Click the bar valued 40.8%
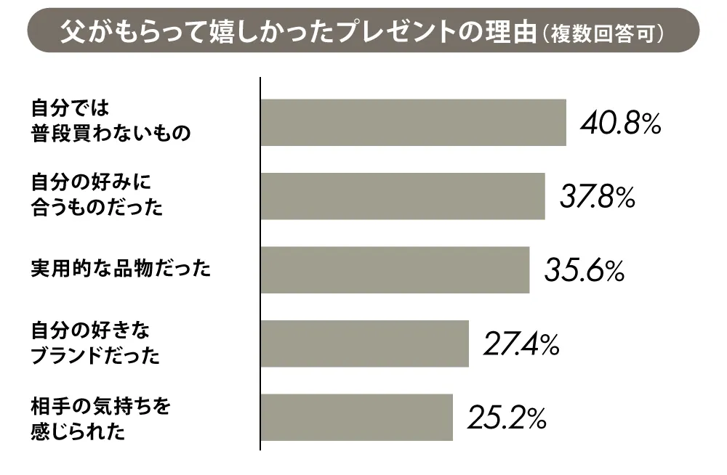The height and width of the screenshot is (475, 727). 413,122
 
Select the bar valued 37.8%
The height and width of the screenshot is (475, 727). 403,196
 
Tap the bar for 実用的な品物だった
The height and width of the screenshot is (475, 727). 395,269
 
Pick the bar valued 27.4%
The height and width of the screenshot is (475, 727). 365,344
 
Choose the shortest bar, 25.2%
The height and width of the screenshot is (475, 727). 357,417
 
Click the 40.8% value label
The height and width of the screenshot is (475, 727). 620,123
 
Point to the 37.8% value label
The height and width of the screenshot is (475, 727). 598,197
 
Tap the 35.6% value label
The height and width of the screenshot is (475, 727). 585,271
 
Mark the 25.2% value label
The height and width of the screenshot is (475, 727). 507,418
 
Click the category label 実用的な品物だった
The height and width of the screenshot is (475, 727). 121,269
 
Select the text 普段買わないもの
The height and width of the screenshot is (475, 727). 111,134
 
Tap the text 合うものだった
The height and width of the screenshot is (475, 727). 97,207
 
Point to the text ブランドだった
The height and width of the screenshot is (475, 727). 95,356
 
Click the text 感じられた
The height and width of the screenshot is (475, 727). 78,431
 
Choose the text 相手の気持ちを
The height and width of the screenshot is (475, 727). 100,407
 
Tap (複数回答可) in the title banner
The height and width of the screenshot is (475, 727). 602,33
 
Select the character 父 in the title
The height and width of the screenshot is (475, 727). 73,32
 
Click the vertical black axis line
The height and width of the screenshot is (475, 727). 260,263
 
